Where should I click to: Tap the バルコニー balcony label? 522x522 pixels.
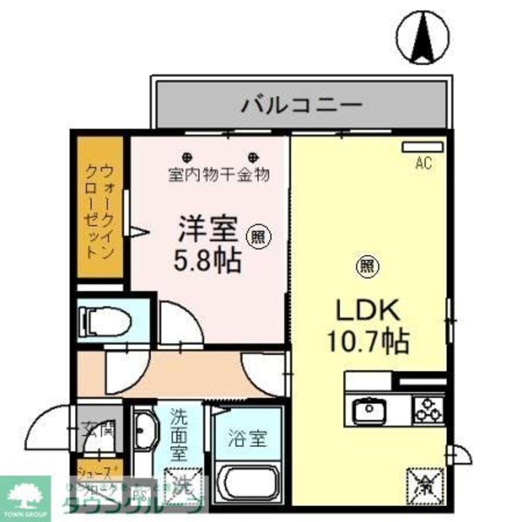click(302, 105)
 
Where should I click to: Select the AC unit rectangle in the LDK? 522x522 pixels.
click(422, 147)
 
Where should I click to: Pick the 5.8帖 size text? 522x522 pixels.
click(207, 259)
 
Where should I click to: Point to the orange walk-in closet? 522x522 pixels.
click(100, 207)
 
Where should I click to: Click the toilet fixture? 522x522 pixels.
click(104, 320)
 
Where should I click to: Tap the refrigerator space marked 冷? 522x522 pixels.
click(425, 485)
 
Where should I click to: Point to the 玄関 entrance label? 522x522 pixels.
click(99, 431)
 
